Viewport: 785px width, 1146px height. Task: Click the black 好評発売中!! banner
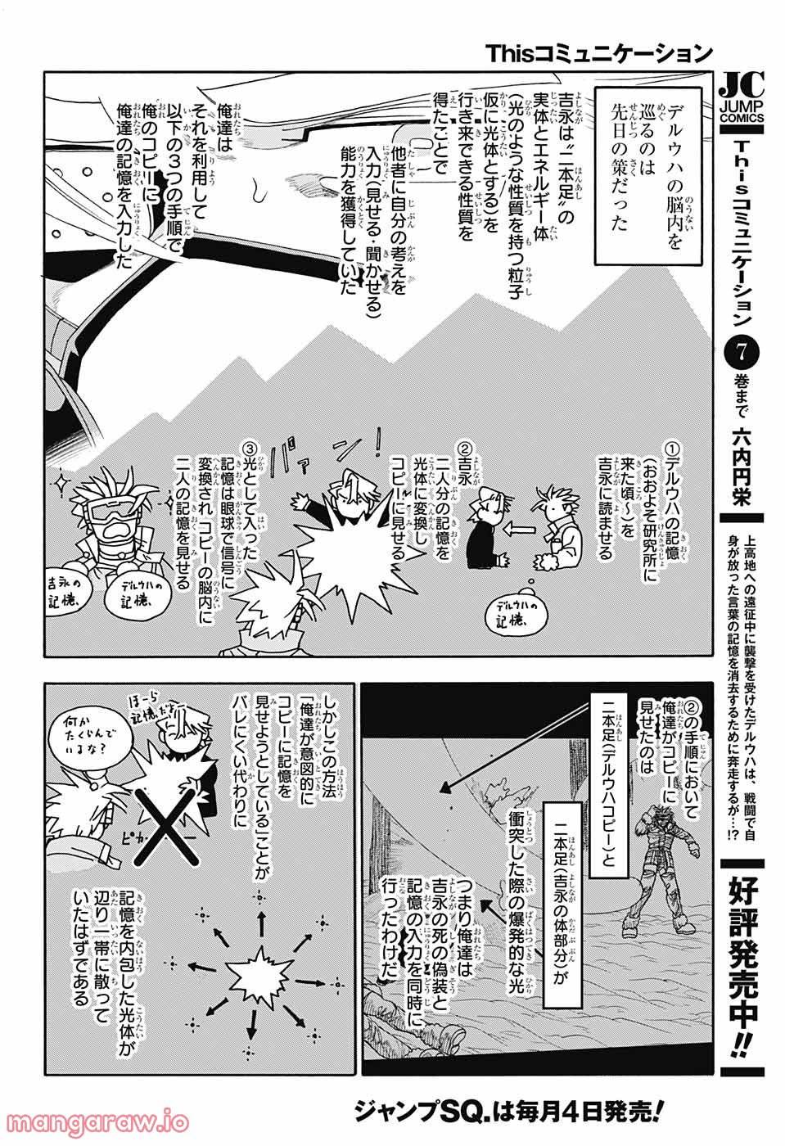[742, 957]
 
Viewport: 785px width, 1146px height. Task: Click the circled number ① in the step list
[672, 450]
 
